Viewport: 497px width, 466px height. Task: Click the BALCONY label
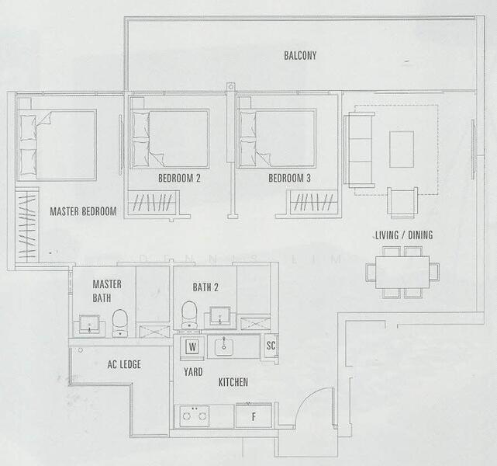coord(300,55)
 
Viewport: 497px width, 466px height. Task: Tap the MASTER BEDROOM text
coord(83,211)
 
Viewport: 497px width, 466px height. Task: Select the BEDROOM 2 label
coord(179,178)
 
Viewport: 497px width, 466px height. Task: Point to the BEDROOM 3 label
coord(289,178)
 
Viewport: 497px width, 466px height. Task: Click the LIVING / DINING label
coord(403,235)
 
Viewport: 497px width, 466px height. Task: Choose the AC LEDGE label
coord(123,364)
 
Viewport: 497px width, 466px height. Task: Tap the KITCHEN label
coord(233,382)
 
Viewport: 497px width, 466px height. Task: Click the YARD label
coord(192,372)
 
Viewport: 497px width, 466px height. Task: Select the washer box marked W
coord(192,346)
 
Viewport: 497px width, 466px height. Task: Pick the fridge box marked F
coord(253,416)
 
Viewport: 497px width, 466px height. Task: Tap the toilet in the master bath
coord(120,322)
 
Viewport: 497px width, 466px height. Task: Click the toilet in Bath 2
coord(189,315)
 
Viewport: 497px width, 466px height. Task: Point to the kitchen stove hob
coord(194,416)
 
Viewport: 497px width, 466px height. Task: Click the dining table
coord(402,272)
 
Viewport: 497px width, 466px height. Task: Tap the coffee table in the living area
coord(402,149)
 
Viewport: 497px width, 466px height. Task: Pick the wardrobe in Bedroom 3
coord(314,203)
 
